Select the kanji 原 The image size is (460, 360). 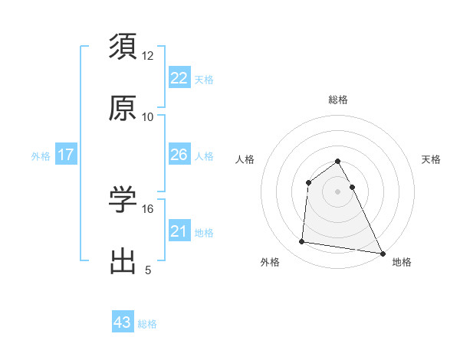(123, 108)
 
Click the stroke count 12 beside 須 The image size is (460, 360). (148, 56)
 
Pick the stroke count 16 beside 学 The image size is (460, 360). (148, 208)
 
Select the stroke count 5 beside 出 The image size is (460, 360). (148, 270)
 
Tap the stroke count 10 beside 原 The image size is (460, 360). (148, 117)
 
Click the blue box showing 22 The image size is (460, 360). (179, 78)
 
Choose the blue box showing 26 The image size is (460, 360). (179, 155)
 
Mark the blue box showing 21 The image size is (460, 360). (179, 231)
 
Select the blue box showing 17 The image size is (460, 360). (66, 155)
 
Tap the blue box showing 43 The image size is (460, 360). (123, 322)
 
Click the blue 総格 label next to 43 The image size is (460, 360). (147, 324)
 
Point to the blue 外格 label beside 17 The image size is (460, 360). (41, 156)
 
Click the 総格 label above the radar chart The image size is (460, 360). (338, 100)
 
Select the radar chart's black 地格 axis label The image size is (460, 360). (402, 262)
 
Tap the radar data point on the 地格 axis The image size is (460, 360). (383, 253)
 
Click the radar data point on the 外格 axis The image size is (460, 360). (301, 242)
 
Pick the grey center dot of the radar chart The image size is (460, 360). (338, 191)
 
